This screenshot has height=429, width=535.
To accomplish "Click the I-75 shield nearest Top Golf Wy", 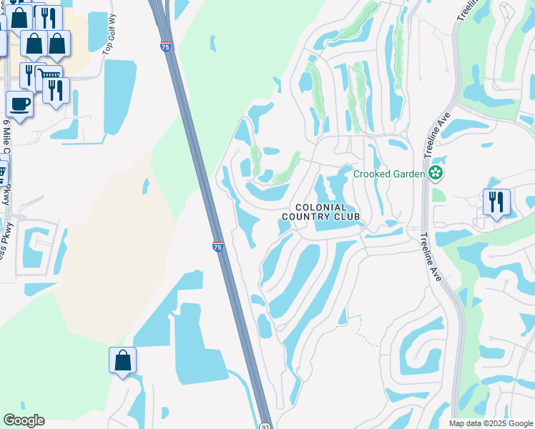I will [165, 46].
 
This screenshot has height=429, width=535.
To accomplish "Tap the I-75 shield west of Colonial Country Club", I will [217, 247].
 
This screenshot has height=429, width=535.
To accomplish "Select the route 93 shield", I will [264, 424].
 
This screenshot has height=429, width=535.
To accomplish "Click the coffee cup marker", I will [19, 104].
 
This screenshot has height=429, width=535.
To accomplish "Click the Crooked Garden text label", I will [390, 174].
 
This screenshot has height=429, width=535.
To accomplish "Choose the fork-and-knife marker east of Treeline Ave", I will [496, 202].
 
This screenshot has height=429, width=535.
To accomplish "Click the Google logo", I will [24, 420].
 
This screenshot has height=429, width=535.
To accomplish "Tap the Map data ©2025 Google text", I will [490, 423].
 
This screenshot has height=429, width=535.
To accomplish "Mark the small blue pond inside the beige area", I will [147, 186].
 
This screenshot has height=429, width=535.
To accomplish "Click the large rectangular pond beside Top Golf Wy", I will [119, 97].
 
